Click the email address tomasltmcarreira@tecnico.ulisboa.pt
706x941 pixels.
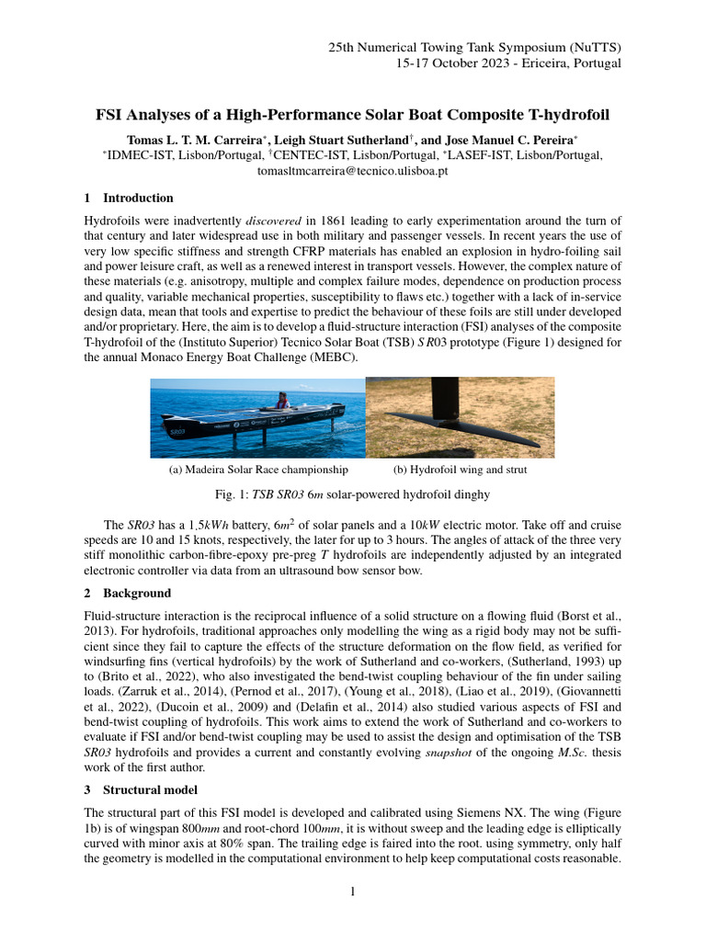(352, 172)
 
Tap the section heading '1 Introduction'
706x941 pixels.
(128, 198)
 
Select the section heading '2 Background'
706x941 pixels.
(127, 594)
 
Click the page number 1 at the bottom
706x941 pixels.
(353, 891)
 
